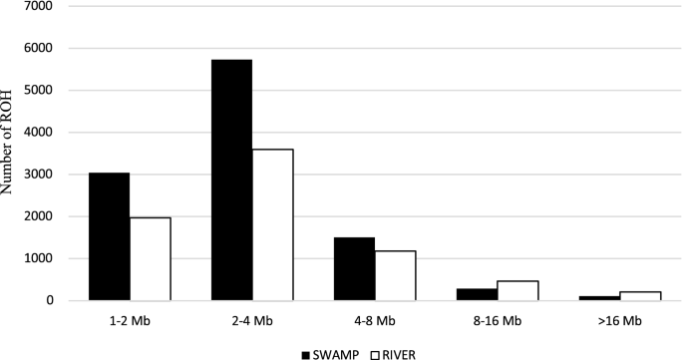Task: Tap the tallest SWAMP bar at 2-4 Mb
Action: pos(231,180)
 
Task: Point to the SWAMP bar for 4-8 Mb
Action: pos(354,268)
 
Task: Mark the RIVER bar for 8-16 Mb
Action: pos(517,290)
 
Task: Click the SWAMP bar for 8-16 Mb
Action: pos(477,294)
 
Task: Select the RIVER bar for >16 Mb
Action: pos(640,295)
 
